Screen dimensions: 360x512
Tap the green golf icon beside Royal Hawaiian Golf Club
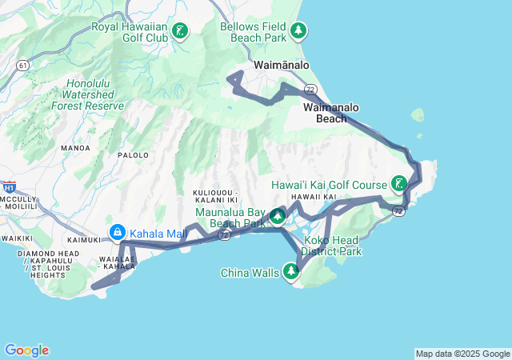point(181,32)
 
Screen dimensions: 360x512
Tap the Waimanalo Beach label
point(331,113)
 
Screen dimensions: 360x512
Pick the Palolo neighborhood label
point(134,155)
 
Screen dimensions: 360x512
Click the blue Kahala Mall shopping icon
point(118,233)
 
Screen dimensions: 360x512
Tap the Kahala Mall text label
point(158,233)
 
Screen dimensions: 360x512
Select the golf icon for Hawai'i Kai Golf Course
point(398,184)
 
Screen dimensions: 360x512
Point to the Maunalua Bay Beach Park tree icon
point(277,217)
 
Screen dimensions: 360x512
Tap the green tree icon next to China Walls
point(291,274)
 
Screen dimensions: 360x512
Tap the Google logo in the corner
point(26,350)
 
